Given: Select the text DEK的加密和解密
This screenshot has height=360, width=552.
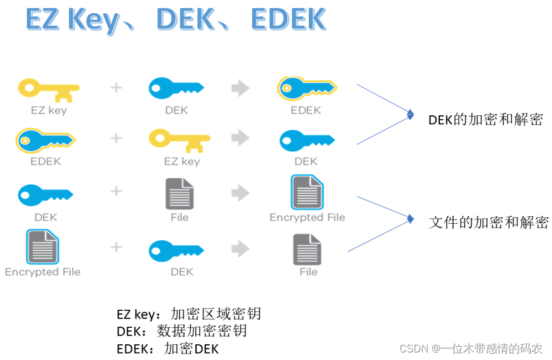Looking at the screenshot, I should (x=485, y=120).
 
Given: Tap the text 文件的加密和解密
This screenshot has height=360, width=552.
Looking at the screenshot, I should (x=488, y=222).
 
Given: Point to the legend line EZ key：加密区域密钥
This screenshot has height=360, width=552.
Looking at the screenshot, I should (x=188, y=313).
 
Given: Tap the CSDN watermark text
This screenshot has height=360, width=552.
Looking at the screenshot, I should (x=470, y=348).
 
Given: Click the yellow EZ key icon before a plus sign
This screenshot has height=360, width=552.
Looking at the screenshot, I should (x=49, y=90).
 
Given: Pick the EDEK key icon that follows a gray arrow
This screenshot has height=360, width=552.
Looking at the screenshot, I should (x=307, y=90).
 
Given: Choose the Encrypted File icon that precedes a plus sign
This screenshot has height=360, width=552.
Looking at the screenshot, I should (x=42, y=247).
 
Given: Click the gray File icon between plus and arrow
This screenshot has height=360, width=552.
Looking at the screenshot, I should (x=180, y=194).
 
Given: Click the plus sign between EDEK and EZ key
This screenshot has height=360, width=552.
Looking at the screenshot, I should (x=116, y=138).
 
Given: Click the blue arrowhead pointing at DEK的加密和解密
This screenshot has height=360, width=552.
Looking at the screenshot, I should (x=410, y=115).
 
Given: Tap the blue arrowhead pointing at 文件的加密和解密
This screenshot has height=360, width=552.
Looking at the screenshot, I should (x=410, y=219).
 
